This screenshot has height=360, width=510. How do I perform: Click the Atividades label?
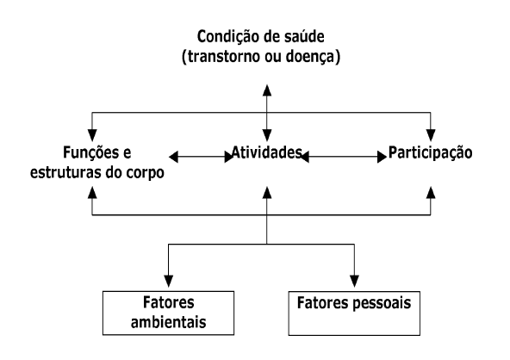(x=267, y=152)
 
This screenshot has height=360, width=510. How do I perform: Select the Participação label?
(x=431, y=153)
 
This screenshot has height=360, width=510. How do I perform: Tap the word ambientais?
(x=169, y=322)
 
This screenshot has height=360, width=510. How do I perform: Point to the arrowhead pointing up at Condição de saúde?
(x=267, y=90)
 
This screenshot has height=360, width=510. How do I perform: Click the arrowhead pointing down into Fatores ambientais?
(x=169, y=281)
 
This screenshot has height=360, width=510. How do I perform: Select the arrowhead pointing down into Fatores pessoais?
(x=354, y=281)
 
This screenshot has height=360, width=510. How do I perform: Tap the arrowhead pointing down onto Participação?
(x=431, y=135)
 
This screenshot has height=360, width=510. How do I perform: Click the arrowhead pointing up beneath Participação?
(x=431, y=193)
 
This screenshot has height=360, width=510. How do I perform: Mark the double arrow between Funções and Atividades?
(x=202, y=157)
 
